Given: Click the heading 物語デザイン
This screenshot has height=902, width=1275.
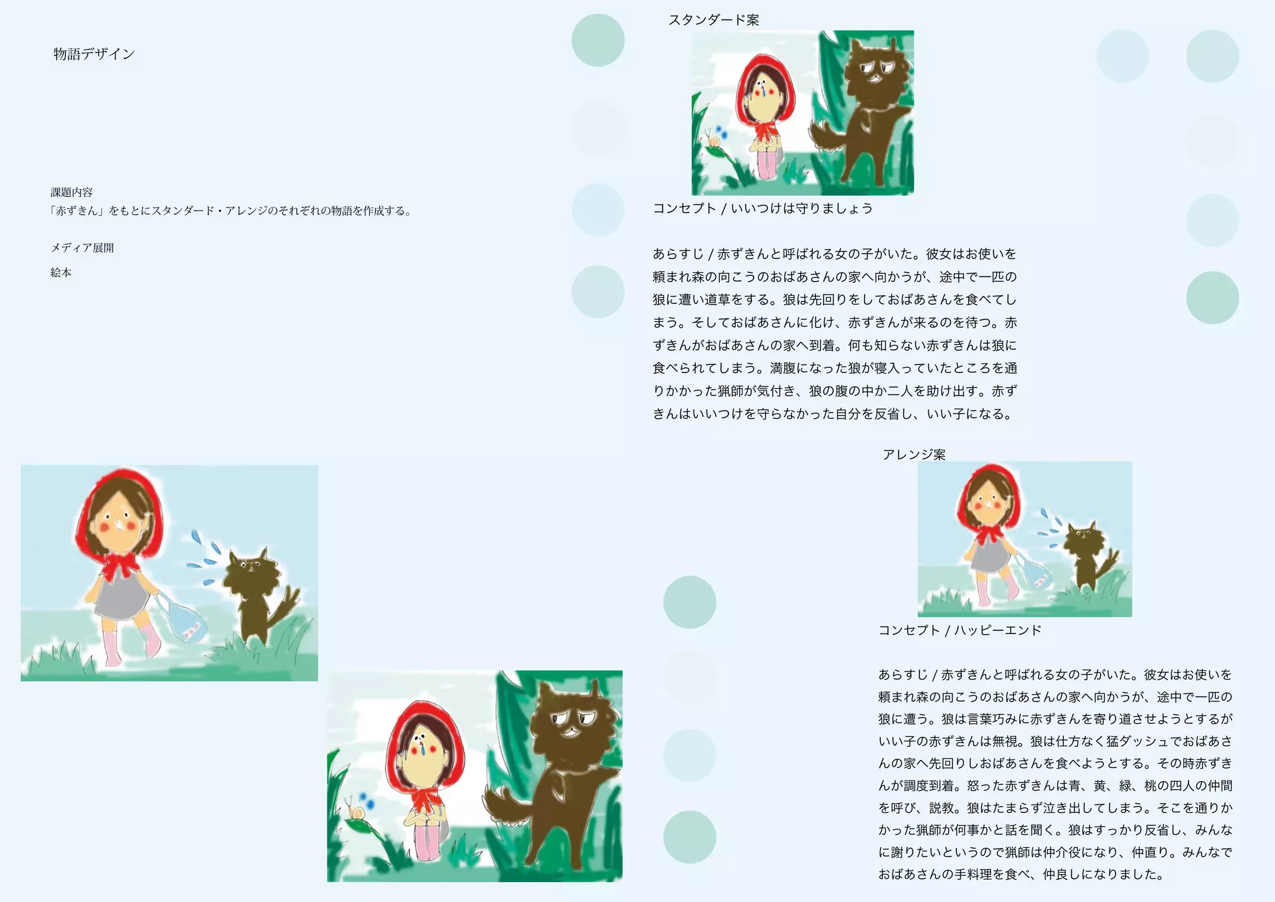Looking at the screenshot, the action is click(94, 54).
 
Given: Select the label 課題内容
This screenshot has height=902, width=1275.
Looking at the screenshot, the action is click(72, 192).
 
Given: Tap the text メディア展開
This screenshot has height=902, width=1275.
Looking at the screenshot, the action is click(82, 248).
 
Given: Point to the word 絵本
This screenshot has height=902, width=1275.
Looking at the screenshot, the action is click(61, 273).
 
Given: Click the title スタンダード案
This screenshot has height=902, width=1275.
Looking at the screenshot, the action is click(714, 20).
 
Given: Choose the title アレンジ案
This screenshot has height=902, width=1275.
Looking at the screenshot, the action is click(914, 455).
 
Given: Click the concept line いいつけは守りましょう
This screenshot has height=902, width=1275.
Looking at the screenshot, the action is click(802, 209).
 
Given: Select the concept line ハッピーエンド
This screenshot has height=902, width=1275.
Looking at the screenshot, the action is click(997, 630).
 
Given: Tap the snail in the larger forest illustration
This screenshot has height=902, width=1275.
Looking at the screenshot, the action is click(357, 810).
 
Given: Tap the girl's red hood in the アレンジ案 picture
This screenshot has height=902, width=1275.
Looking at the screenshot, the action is click(989, 492).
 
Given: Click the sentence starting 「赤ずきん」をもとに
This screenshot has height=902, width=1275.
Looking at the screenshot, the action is click(231, 211).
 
